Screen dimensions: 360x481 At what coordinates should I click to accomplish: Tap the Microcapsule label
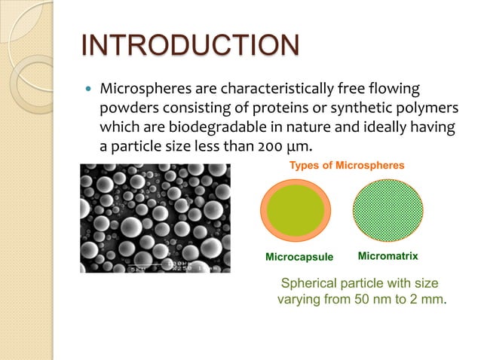coord(299,257)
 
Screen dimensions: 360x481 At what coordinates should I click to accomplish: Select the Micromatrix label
coord(388,256)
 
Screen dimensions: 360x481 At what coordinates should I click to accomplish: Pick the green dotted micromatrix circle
coord(389,211)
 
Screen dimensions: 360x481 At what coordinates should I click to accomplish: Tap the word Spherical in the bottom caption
coord(311,283)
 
